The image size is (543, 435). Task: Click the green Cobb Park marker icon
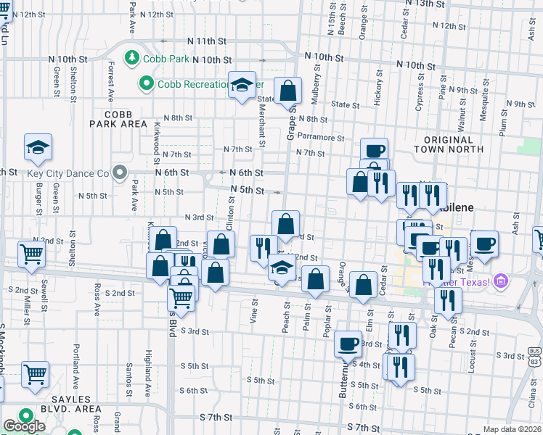(x=132, y=57)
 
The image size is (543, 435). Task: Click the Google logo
(x=24, y=426)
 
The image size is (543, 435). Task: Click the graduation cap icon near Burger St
(x=38, y=148)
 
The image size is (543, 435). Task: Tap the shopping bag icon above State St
(x=288, y=91)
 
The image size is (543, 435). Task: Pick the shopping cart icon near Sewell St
(x=32, y=254)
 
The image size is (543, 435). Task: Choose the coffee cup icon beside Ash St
(x=484, y=243)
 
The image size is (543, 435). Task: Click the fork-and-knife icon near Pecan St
(x=448, y=299)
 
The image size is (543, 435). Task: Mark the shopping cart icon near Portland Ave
(x=35, y=374)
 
